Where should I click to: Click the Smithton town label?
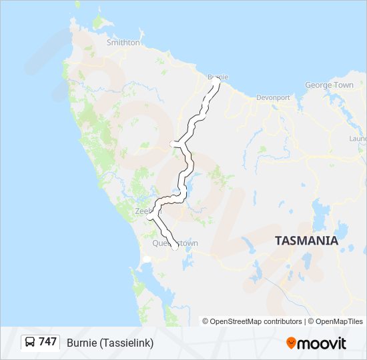click(123, 43)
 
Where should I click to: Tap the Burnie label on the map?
click(218, 77)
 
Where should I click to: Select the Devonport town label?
click(273, 97)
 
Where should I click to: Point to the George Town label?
click(329, 85)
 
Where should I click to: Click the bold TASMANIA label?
click(306, 241)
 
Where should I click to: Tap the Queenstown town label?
click(175, 243)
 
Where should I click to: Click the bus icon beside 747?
click(30, 343)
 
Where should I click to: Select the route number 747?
click(47, 342)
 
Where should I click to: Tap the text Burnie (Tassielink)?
click(110, 343)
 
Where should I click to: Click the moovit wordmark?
click(323, 343)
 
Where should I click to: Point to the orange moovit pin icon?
click(291, 343)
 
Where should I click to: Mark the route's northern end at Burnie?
click(218, 83)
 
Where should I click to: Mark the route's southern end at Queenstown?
click(175, 247)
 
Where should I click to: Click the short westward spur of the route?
click(173, 143)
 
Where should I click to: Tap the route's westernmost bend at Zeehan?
click(149, 215)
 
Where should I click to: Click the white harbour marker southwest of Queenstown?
click(147, 259)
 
